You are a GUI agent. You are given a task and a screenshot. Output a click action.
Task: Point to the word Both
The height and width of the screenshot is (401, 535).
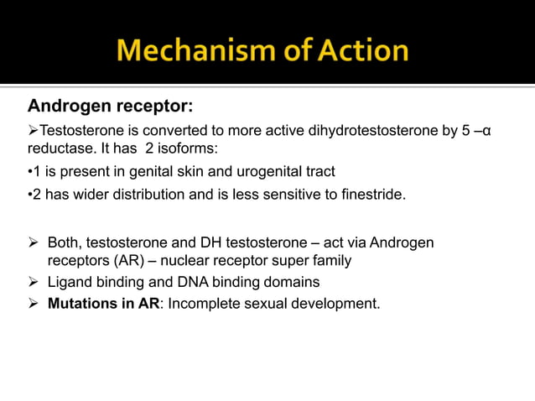64,242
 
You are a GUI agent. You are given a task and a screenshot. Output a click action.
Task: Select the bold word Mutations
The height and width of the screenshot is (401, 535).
82,303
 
